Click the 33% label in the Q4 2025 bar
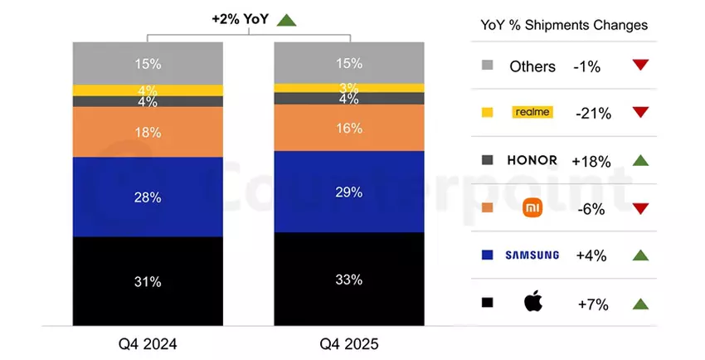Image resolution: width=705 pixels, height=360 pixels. click(x=349, y=280)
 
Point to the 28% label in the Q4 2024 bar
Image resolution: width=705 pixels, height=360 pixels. click(x=148, y=197)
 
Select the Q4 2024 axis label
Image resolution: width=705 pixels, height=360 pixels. click(x=148, y=343)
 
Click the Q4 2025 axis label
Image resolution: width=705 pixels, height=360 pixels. click(x=349, y=343)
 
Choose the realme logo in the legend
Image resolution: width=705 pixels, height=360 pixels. click(x=532, y=112)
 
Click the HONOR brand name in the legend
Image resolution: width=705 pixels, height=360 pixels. click(x=532, y=160)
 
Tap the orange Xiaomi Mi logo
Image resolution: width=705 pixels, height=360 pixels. click(x=532, y=208)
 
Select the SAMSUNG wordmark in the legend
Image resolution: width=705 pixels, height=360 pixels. click(x=532, y=255)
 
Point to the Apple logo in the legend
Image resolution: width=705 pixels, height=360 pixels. click(x=532, y=303)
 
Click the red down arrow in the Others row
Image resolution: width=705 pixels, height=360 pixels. click(x=639, y=65)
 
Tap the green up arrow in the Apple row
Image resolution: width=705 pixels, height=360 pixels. click(x=639, y=304)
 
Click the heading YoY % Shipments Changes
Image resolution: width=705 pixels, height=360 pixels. click(x=564, y=25)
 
